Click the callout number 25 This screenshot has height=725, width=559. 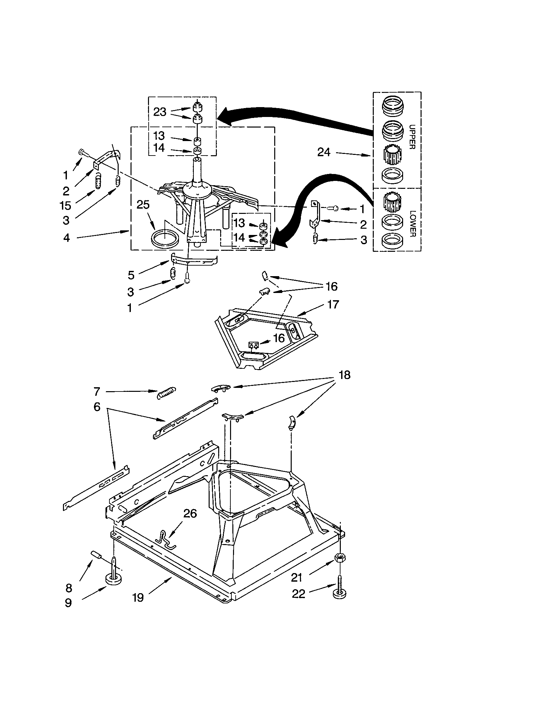[x=143, y=205]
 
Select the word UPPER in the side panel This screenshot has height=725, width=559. [x=412, y=137]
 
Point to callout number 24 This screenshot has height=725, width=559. [x=324, y=152]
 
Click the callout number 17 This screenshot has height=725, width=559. [x=333, y=304]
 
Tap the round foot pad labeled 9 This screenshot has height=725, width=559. [x=113, y=580]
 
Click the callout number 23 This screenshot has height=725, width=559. [x=160, y=112]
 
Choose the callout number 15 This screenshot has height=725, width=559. [x=65, y=206]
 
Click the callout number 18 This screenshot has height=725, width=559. [x=344, y=375]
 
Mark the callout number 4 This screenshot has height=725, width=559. [x=67, y=238]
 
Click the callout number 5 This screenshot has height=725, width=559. [x=131, y=275]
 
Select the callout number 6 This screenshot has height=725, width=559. [x=97, y=407]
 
